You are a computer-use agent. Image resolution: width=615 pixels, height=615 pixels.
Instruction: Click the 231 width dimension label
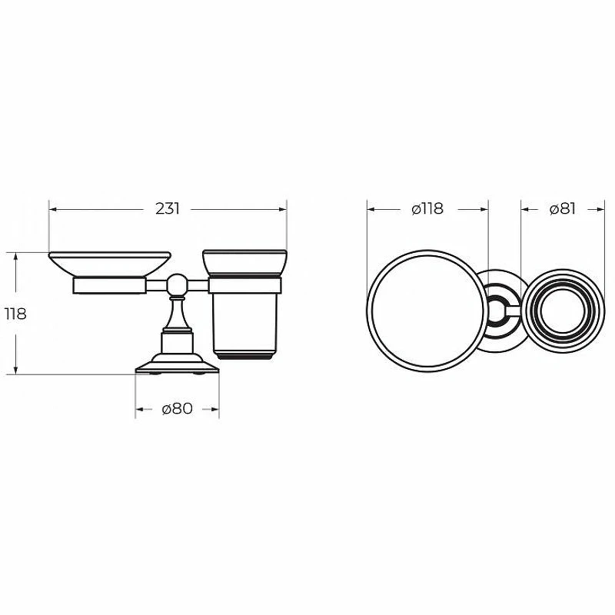point(168,208)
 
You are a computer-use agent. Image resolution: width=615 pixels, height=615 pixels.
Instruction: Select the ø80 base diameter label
point(178,409)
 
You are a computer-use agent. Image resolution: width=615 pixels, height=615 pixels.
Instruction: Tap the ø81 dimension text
point(563,209)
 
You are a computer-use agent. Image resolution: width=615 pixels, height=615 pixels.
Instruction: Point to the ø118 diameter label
point(427,209)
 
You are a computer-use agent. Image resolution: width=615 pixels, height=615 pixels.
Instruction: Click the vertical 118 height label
point(15,314)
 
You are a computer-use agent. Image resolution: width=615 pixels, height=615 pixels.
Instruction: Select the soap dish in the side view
point(109,264)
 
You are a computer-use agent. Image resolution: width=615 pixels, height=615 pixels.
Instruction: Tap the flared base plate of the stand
point(177,366)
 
